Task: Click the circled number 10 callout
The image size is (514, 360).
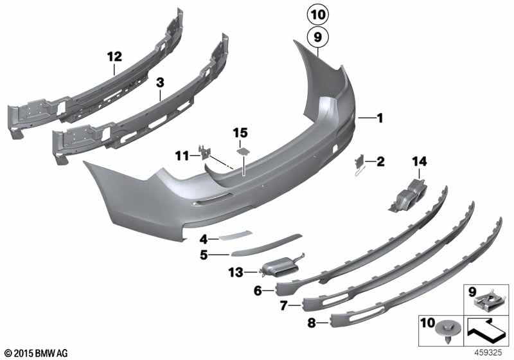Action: (x=317, y=15)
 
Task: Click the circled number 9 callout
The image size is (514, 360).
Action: (x=317, y=37)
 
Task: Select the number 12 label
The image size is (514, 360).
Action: (x=114, y=57)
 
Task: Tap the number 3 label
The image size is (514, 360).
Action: (x=160, y=83)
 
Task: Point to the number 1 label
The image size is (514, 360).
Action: (x=380, y=118)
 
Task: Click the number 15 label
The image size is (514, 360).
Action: (x=240, y=133)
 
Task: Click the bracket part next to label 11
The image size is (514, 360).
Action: (x=204, y=152)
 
